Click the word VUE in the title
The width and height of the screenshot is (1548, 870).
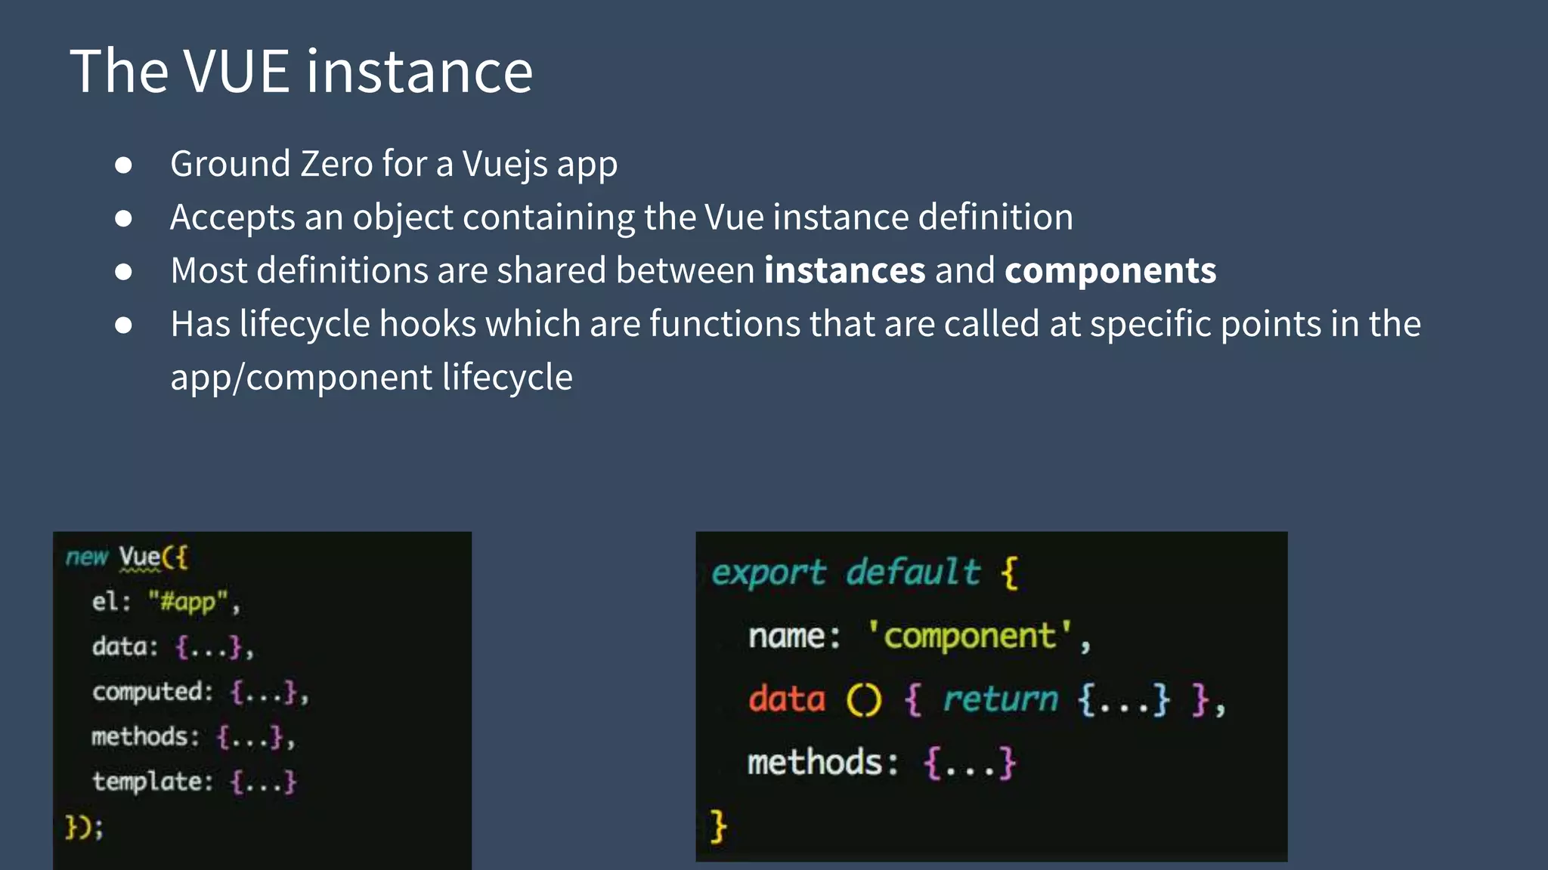[x=237, y=71]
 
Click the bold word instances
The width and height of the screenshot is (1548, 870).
[x=844, y=270]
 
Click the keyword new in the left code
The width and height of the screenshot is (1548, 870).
[x=86, y=557]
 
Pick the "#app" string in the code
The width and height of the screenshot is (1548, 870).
[x=187, y=602]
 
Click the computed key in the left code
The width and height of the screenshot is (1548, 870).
[x=148, y=692]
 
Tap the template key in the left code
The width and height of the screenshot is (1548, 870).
[x=148, y=781]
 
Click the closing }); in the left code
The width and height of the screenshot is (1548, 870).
[x=83, y=827]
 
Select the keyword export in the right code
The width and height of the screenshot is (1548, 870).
[x=769, y=572]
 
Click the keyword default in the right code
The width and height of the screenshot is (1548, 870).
[x=913, y=572]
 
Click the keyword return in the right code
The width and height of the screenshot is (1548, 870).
[x=1000, y=699]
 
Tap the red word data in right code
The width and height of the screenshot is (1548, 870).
[x=787, y=699]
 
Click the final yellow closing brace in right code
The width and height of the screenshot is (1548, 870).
[x=718, y=825]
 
